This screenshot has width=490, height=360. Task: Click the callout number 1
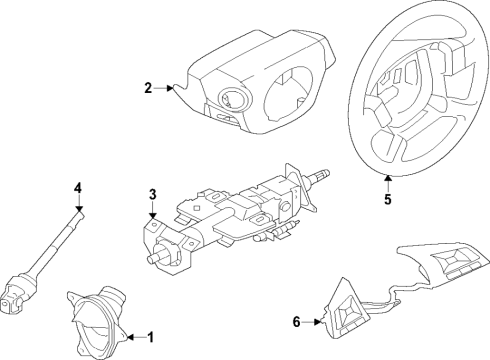pos(150,336)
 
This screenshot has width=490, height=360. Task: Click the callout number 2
pos(147,89)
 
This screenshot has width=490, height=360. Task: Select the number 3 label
pos(151,194)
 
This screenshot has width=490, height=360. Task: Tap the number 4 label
pos(77,186)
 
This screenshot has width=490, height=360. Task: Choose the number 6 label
pos(296,321)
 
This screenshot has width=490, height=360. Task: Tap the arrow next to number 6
pos(316,321)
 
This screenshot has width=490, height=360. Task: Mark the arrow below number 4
pos(77,205)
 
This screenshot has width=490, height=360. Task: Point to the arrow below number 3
pos(151,213)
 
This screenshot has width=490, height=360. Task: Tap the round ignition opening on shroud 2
pos(229,100)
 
